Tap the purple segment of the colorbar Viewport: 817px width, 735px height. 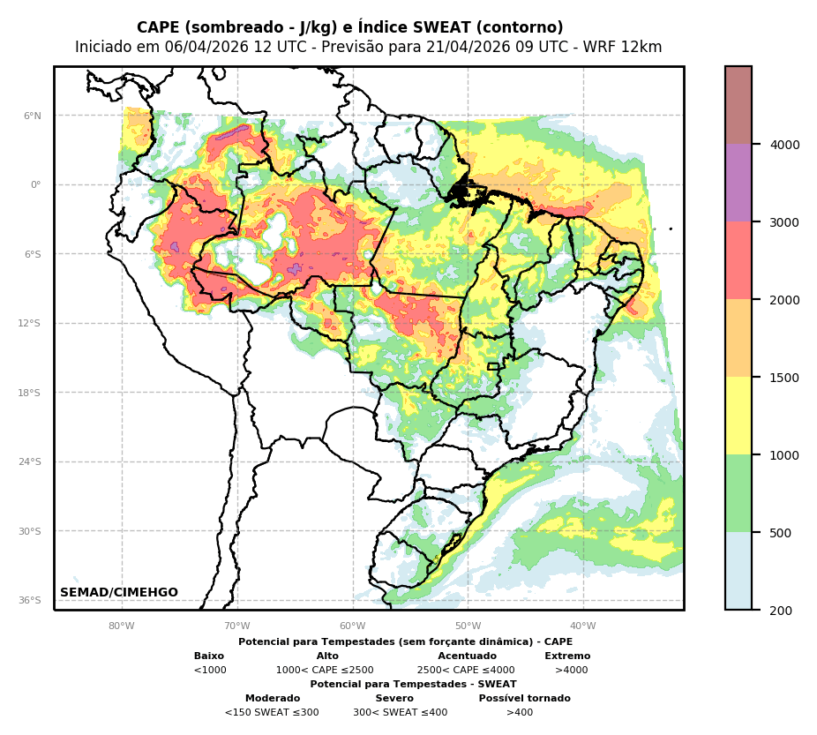(x=738, y=183)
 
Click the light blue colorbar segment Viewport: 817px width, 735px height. (x=738, y=570)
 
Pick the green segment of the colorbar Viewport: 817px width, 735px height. (x=738, y=493)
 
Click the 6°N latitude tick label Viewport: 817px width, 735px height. (x=33, y=116)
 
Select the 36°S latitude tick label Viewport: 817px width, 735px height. (x=30, y=601)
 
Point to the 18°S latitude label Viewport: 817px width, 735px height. (x=30, y=393)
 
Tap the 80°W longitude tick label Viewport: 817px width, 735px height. (x=122, y=626)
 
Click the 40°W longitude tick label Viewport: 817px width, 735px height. (x=583, y=626)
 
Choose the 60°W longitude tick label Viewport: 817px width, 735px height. (x=353, y=626)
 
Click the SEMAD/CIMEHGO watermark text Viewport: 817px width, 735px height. (x=119, y=593)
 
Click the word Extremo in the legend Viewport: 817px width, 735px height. (x=567, y=656)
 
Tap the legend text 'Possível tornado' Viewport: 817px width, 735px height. (x=524, y=699)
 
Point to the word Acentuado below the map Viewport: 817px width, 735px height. (x=467, y=656)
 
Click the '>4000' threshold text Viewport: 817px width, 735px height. (x=571, y=671)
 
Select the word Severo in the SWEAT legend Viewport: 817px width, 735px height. (x=394, y=699)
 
